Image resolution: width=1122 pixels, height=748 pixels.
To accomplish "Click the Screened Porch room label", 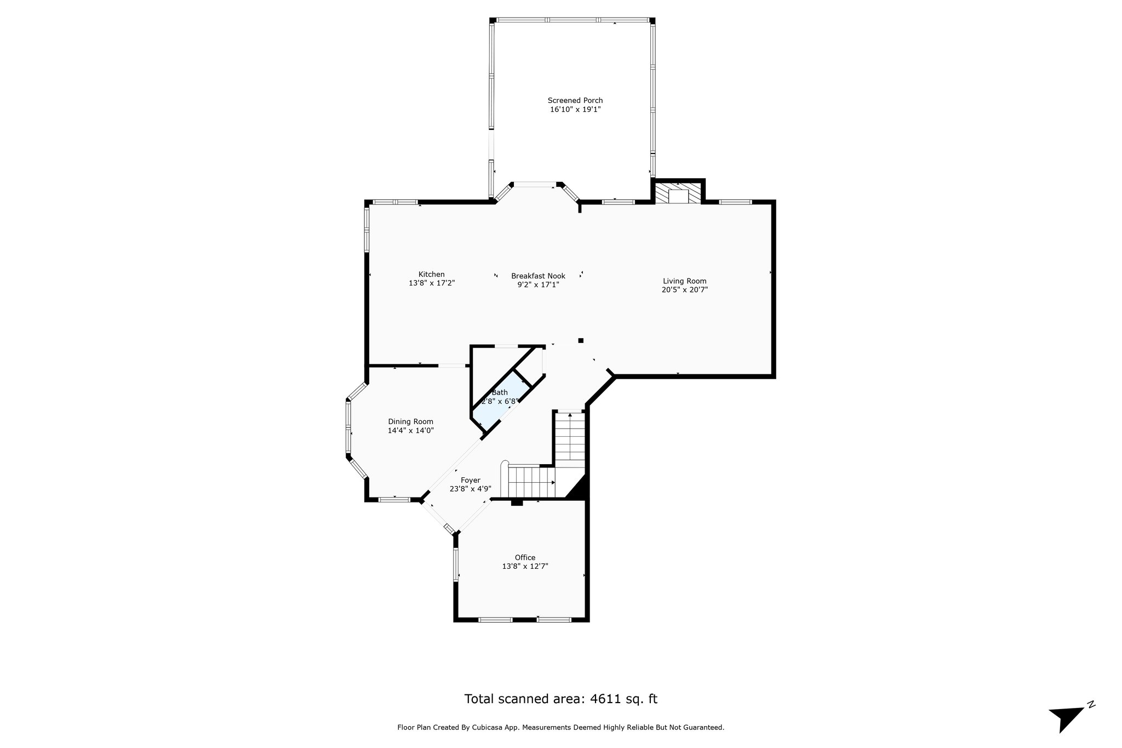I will click(575, 100).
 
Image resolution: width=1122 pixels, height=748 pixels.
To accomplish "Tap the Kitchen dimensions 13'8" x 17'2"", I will click(432, 283).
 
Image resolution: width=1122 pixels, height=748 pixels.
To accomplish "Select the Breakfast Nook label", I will click(538, 276).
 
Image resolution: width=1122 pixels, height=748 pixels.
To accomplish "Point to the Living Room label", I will click(684, 281).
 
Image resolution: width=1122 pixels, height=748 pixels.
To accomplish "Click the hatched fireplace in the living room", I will click(678, 193).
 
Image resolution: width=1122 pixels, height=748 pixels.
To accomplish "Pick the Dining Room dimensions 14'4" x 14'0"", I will click(410, 431).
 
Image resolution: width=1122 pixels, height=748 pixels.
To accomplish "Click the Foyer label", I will click(470, 480).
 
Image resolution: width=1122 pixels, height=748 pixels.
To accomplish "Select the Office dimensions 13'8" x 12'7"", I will click(525, 567).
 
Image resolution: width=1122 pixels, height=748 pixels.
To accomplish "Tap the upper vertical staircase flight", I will click(570, 438).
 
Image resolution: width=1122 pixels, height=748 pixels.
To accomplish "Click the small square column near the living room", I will click(581, 340).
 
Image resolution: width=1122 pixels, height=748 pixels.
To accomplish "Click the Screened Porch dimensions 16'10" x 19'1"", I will click(575, 110).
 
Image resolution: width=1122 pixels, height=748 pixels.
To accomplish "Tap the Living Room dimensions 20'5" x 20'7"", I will click(684, 290).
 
